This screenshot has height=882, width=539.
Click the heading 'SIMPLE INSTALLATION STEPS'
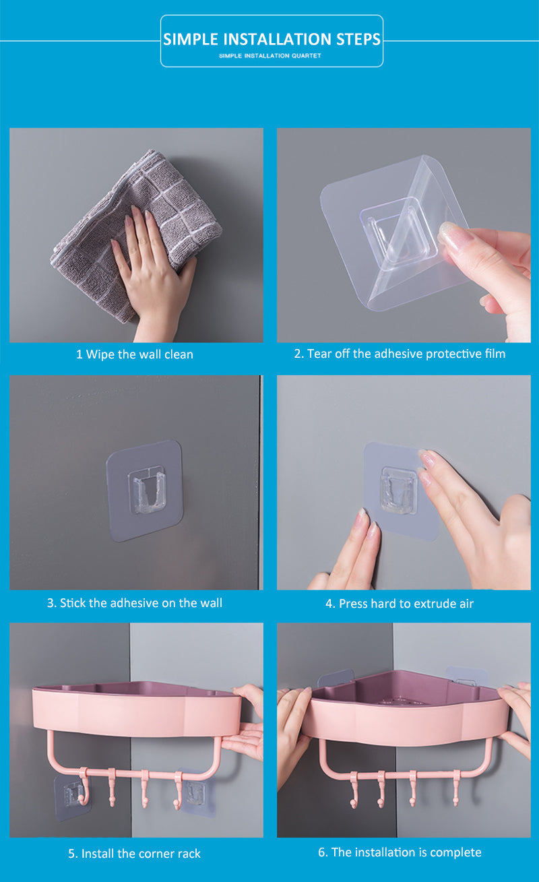tap(272, 39)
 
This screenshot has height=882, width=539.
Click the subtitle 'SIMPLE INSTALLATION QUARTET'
tap(270, 56)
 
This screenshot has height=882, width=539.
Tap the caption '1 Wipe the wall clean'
tap(135, 354)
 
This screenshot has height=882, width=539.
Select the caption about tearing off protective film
tap(400, 354)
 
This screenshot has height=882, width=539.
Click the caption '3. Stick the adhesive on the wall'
tap(135, 603)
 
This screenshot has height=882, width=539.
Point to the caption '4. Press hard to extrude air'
tap(400, 604)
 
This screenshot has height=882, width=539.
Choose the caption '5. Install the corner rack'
tap(135, 854)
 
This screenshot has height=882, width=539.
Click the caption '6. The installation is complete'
tap(400, 852)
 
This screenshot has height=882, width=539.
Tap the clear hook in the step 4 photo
tap(398, 491)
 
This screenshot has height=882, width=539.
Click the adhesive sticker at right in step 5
tap(195, 795)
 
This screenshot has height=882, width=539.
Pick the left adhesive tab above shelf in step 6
tap(335, 677)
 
